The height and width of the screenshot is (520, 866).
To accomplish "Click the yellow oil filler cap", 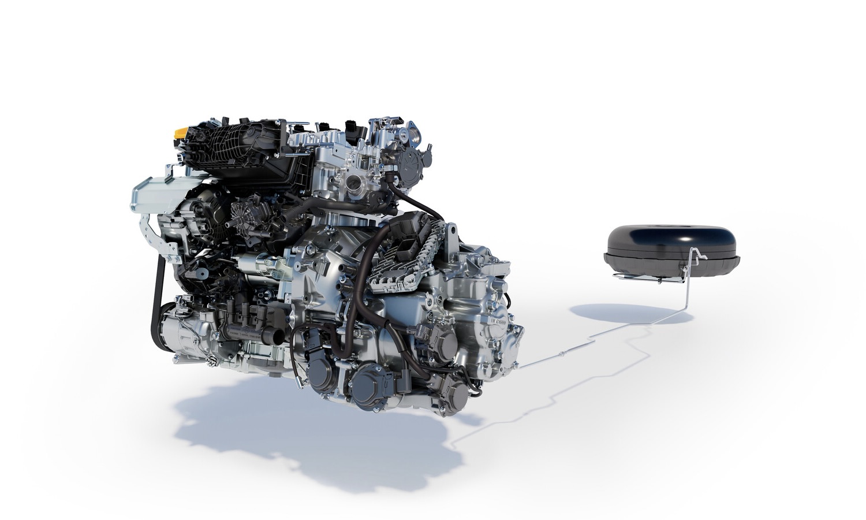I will coord(181,133).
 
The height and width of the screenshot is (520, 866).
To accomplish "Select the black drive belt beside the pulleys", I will coord(158,289).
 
